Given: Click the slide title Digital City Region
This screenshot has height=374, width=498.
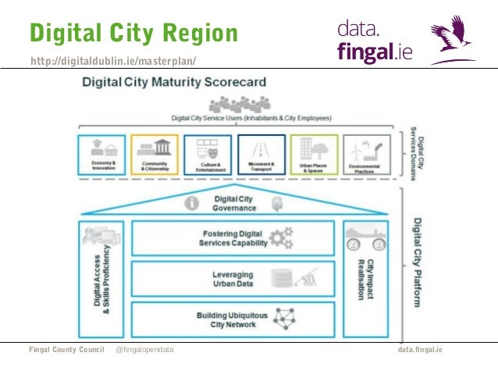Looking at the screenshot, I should click(133, 33).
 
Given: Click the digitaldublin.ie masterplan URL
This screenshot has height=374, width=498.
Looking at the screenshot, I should click(113, 61).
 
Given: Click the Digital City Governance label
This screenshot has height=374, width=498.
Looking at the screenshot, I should click(234, 204).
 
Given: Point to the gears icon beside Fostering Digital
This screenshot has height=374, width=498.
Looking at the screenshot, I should click(281, 237).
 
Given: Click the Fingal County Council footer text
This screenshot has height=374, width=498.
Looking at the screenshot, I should click(67, 350).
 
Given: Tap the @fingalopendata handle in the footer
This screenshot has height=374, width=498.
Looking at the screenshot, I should click(144, 350).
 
